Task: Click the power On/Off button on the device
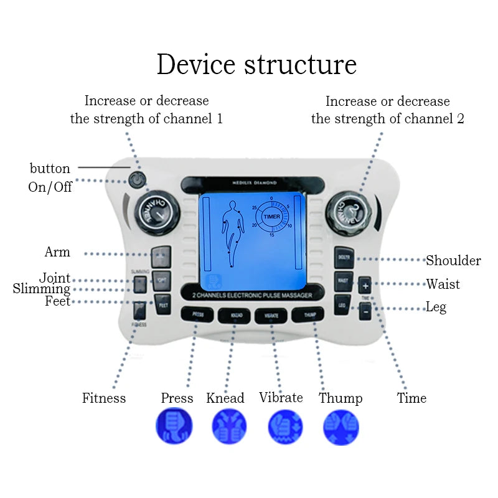[x=137, y=181]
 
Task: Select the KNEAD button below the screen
[x=235, y=316]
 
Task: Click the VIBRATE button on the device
[x=271, y=316]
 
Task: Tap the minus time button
[x=365, y=309]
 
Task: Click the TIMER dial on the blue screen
[x=272, y=216]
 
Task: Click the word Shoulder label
[x=453, y=260]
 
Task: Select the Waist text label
[x=443, y=284]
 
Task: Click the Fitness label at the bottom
[x=104, y=398]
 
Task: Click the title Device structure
[x=256, y=65]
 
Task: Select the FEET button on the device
[x=163, y=306]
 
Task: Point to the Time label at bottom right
[x=411, y=398]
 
